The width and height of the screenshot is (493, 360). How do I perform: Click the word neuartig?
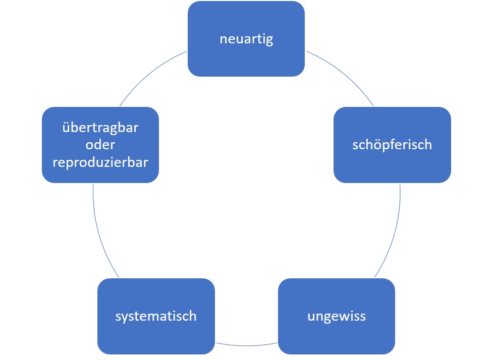pyautogui.click(x=246, y=39)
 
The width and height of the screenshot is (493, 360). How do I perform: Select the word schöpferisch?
pyautogui.click(x=392, y=145)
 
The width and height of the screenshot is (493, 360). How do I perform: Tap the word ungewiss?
pyautogui.click(x=337, y=317)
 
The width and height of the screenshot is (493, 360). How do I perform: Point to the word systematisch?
pyautogui.click(x=156, y=317)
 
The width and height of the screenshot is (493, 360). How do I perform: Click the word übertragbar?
pyautogui.click(x=100, y=128)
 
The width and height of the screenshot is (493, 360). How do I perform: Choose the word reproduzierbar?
pyautogui.click(x=100, y=162)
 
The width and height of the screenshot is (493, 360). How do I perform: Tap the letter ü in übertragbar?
pyautogui.click(x=66, y=128)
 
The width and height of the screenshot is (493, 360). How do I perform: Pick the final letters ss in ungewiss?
pyautogui.click(x=360, y=317)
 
